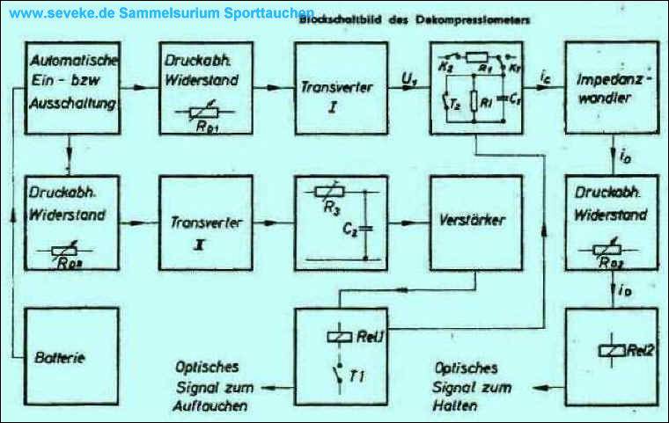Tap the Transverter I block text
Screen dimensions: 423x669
pos(332,95)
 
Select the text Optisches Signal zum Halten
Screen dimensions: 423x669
pos(467,386)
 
